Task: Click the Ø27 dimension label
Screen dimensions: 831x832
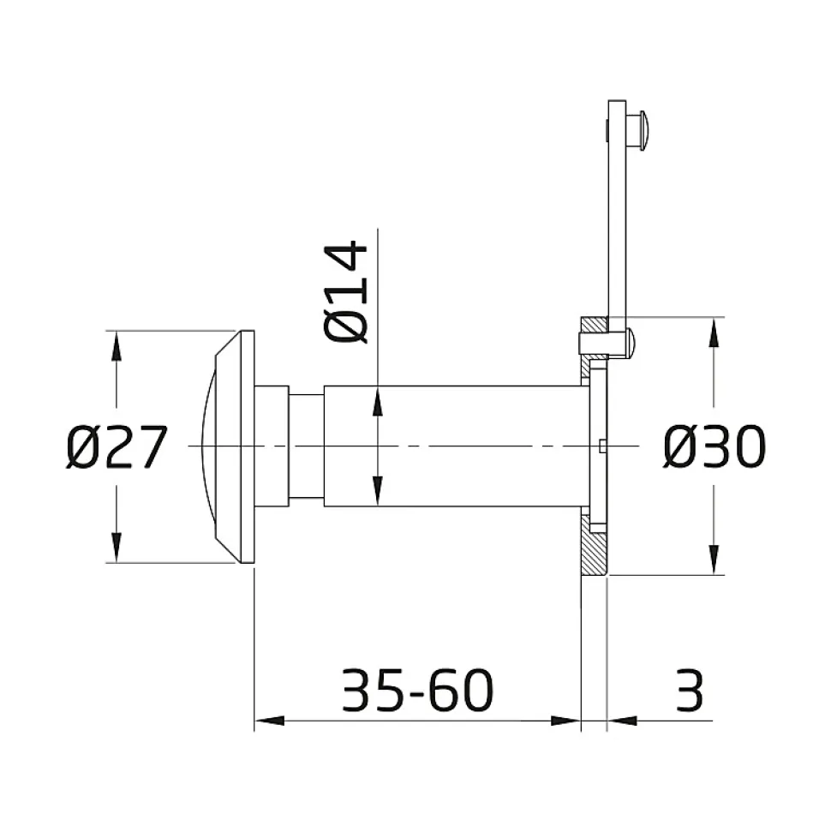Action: (x=117, y=447)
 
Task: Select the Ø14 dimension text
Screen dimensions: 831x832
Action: (x=345, y=292)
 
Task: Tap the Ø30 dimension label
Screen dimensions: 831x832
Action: (x=714, y=446)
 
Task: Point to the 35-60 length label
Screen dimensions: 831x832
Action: (x=417, y=690)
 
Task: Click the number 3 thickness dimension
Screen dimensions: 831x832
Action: (x=690, y=690)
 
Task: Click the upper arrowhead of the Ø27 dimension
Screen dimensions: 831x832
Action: (x=117, y=347)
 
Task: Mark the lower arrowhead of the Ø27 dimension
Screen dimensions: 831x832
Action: (x=117, y=547)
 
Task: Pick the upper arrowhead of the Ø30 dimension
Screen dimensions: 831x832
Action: (x=714, y=333)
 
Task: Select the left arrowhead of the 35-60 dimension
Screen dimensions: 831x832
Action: (x=270, y=721)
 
